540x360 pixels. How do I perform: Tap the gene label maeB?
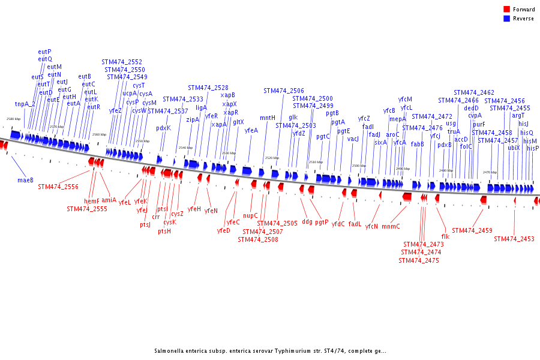coord(25,179)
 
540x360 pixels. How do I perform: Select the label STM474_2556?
coord(58,187)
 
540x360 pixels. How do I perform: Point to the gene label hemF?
coord(92,201)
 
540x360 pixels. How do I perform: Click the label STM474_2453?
coord(514,239)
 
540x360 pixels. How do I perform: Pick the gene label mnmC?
coord(391,226)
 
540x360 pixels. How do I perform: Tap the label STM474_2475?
coord(419,260)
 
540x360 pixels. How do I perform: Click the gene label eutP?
coord(44,52)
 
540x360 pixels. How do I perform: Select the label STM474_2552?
coord(122,62)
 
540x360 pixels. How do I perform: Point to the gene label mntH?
coord(268,118)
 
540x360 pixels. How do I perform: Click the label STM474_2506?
coord(284,91)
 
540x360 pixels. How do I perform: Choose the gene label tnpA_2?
coord(25,104)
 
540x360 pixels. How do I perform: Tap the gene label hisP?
coord(533,148)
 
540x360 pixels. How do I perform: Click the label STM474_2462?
coord(474,92)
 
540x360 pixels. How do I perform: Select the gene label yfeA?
coord(251,130)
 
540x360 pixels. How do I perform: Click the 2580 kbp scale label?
coord(13,119)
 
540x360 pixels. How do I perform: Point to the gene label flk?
coord(445,236)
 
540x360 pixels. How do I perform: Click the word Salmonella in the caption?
coord(169,351)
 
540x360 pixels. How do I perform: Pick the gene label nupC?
coord(250,215)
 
